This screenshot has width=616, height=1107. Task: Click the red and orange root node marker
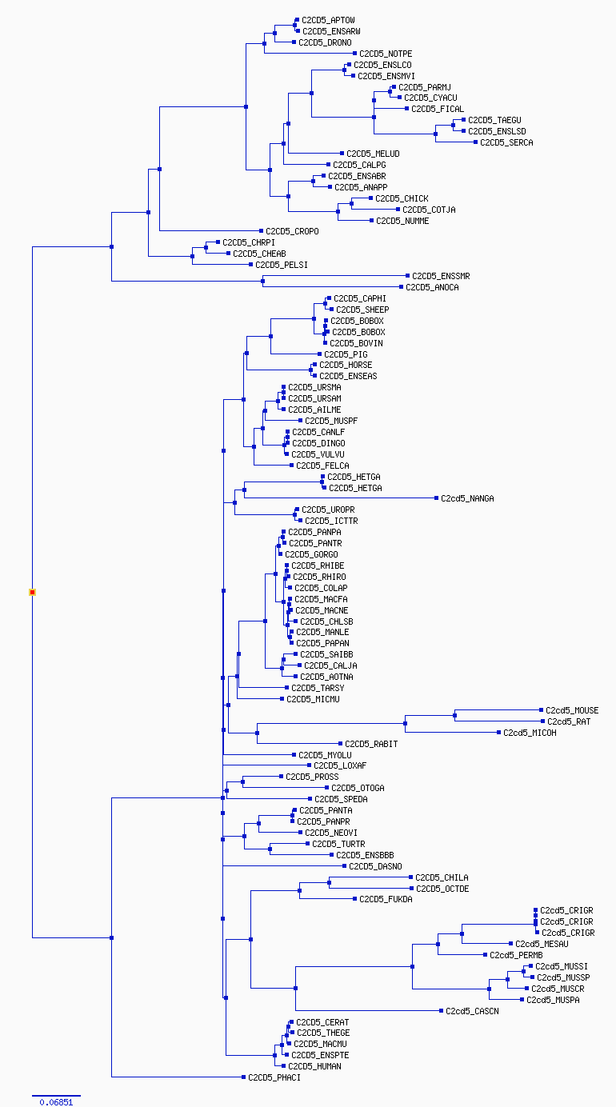pyautogui.click(x=33, y=592)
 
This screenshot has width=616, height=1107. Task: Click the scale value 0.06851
pyautogui.click(x=56, y=1101)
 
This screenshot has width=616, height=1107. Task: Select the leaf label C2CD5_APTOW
pyautogui.click(x=328, y=20)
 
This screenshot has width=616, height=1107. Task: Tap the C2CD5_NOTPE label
pyautogui.click(x=386, y=54)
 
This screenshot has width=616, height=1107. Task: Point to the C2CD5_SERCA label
pyautogui.click(x=506, y=143)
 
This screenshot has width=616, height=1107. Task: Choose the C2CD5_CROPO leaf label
pyautogui.click(x=292, y=231)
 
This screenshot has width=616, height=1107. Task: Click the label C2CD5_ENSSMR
pyautogui.click(x=441, y=276)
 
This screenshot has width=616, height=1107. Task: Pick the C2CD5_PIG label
pyautogui.click(x=346, y=354)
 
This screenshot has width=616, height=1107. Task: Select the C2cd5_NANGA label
pyautogui.click(x=467, y=498)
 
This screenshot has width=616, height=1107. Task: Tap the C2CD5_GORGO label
pyautogui.click(x=311, y=554)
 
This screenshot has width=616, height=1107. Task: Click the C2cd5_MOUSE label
pyautogui.click(x=572, y=710)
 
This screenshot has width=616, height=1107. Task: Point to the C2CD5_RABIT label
pyautogui.click(x=371, y=744)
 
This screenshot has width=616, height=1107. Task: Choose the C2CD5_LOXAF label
pyautogui.click(x=340, y=765)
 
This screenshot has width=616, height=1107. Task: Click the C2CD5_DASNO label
pyautogui.click(x=375, y=866)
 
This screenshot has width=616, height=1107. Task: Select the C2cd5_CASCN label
pyautogui.click(x=472, y=1012)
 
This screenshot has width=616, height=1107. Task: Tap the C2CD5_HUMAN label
pyautogui.click(x=314, y=1066)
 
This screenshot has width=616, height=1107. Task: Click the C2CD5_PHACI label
pyautogui.click(x=274, y=1078)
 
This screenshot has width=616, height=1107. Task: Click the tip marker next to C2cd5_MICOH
pyautogui.click(x=499, y=733)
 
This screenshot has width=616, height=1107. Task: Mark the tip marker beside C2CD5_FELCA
pyautogui.click(x=292, y=465)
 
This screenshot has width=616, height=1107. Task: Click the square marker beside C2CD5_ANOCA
pyautogui.click(x=401, y=286)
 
